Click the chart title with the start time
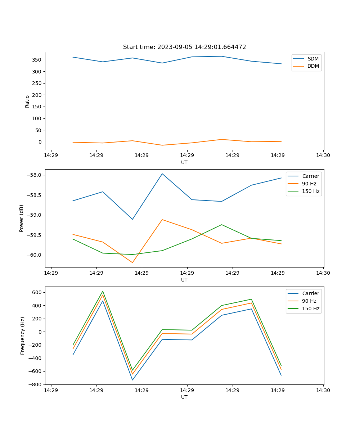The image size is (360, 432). pyautogui.click(x=184, y=47)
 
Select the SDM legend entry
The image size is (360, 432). pyautogui.click(x=313, y=59)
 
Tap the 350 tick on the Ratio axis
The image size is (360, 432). pyautogui.click(x=37, y=60)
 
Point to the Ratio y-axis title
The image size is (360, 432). pyautogui.click(x=27, y=101)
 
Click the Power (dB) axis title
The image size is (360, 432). pyautogui.click(x=22, y=218)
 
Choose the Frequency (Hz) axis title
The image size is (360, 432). pyautogui.click(x=22, y=336)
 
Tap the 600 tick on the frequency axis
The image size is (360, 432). pyautogui.click(x=36, y=292)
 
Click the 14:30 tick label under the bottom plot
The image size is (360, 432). pyautogui.click(x=323, y=390)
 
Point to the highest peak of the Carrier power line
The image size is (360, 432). pyautogui.click(x=162, y=174)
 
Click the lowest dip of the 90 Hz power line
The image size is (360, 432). pyautogui.click(x=132, y=262)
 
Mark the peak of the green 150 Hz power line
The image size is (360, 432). pyautogui.click(x=221, y=225)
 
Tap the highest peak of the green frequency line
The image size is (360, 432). pyautogui.click(x=103, y=291)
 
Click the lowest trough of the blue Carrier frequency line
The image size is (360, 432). pyautogui.click(x=132, y=380)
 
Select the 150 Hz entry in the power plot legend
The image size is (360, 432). pyautogui.click(x=311, y=191)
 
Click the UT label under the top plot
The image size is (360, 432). pyautogui.click(x=184, y=162)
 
